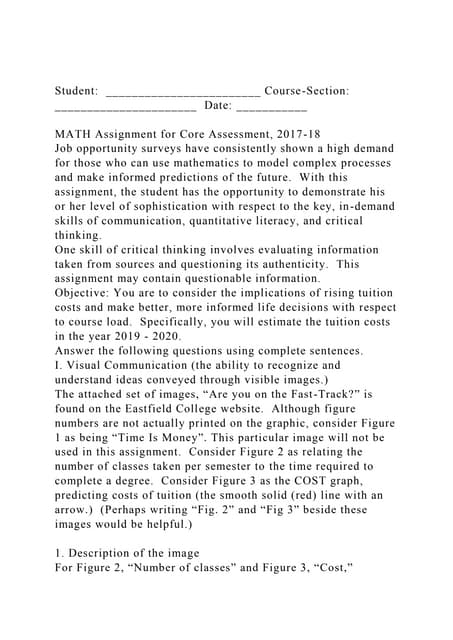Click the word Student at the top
75,91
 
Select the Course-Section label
306,91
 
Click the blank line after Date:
272,106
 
